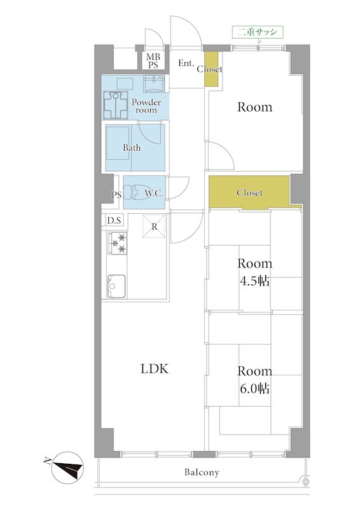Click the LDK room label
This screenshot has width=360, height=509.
click(x=155, y=369)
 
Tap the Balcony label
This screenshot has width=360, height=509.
click(x=202, y=472)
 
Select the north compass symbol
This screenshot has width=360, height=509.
click(x=67, y=467)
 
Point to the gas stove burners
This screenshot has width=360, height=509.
click(x=117, y=243)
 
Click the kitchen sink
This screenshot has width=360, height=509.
click(x=116, y=286)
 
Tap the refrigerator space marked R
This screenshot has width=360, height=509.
click(x=154, y=227)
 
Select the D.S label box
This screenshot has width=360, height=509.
click(x=114, y=221)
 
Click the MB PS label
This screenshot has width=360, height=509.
click(x=153, y=61)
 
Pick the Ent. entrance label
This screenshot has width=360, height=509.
click(x=186, y=63)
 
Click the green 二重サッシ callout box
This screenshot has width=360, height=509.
click(x=258, y=32)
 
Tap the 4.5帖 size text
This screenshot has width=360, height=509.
click(x=255, y=281)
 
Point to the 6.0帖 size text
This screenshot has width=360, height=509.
click(x=255, y=389)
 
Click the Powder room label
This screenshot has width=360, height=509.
click(x=146, y=106)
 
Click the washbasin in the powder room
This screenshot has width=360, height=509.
click(x=154, y=83)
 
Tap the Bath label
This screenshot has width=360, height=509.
click(x=132, y=148)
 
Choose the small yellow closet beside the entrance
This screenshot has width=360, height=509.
click(x=211, y=69)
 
